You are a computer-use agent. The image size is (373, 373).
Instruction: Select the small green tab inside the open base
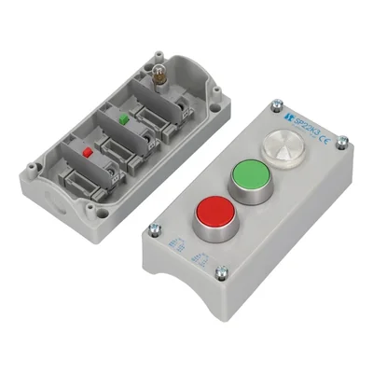click(x=123, y=119)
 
